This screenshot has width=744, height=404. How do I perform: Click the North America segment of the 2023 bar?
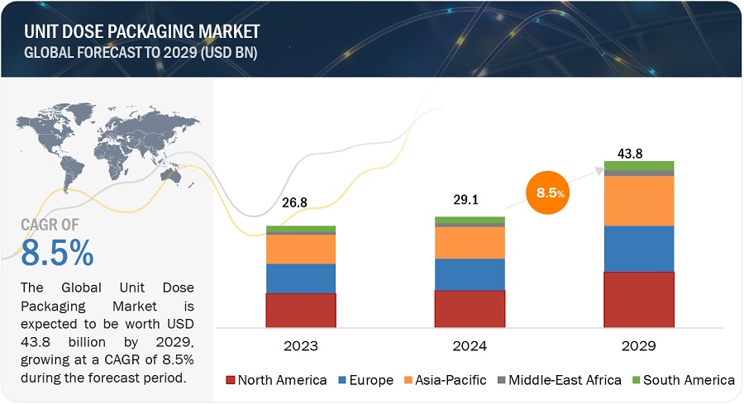(x=301, y=310)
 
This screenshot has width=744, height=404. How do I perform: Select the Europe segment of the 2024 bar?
(x=470, y=274)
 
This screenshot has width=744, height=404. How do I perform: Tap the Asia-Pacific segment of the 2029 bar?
(x=639, y=201)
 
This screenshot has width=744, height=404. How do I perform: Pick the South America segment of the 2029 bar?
(x=639, y=165)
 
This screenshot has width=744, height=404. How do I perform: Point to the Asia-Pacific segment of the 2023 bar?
(x=301, y=250)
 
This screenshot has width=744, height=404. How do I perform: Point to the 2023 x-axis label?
(x=301, y=345)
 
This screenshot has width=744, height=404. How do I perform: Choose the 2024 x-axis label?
(x=470, y=345)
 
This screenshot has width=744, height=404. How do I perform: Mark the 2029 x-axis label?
(x=639, y=345)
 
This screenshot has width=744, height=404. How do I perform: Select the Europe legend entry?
(x=365, y=380)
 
